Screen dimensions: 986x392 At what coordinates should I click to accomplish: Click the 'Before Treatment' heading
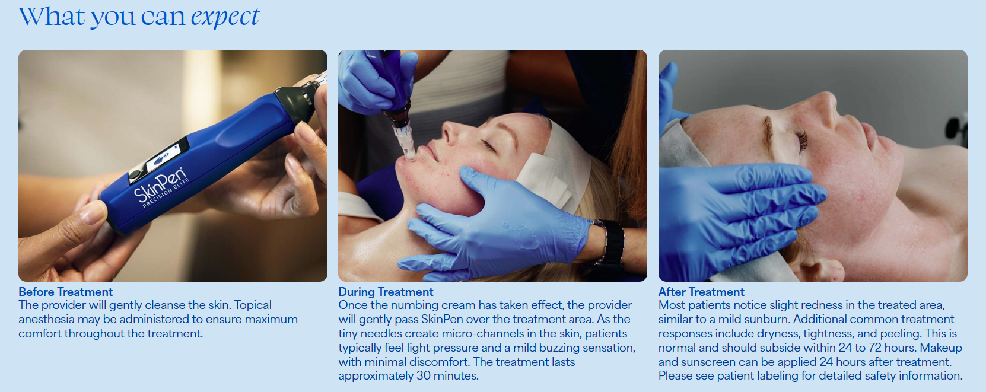pos(66,292)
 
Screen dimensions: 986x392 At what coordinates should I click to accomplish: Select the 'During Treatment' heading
pos(386,292)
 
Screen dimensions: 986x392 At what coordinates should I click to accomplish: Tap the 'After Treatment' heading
pos(701,292)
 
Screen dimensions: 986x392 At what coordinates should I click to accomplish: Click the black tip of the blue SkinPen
pos(296,101)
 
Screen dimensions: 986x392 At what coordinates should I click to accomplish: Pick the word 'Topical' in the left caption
pos(253,305)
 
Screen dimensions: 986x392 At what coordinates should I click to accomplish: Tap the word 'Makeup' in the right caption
pos(941,348)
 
